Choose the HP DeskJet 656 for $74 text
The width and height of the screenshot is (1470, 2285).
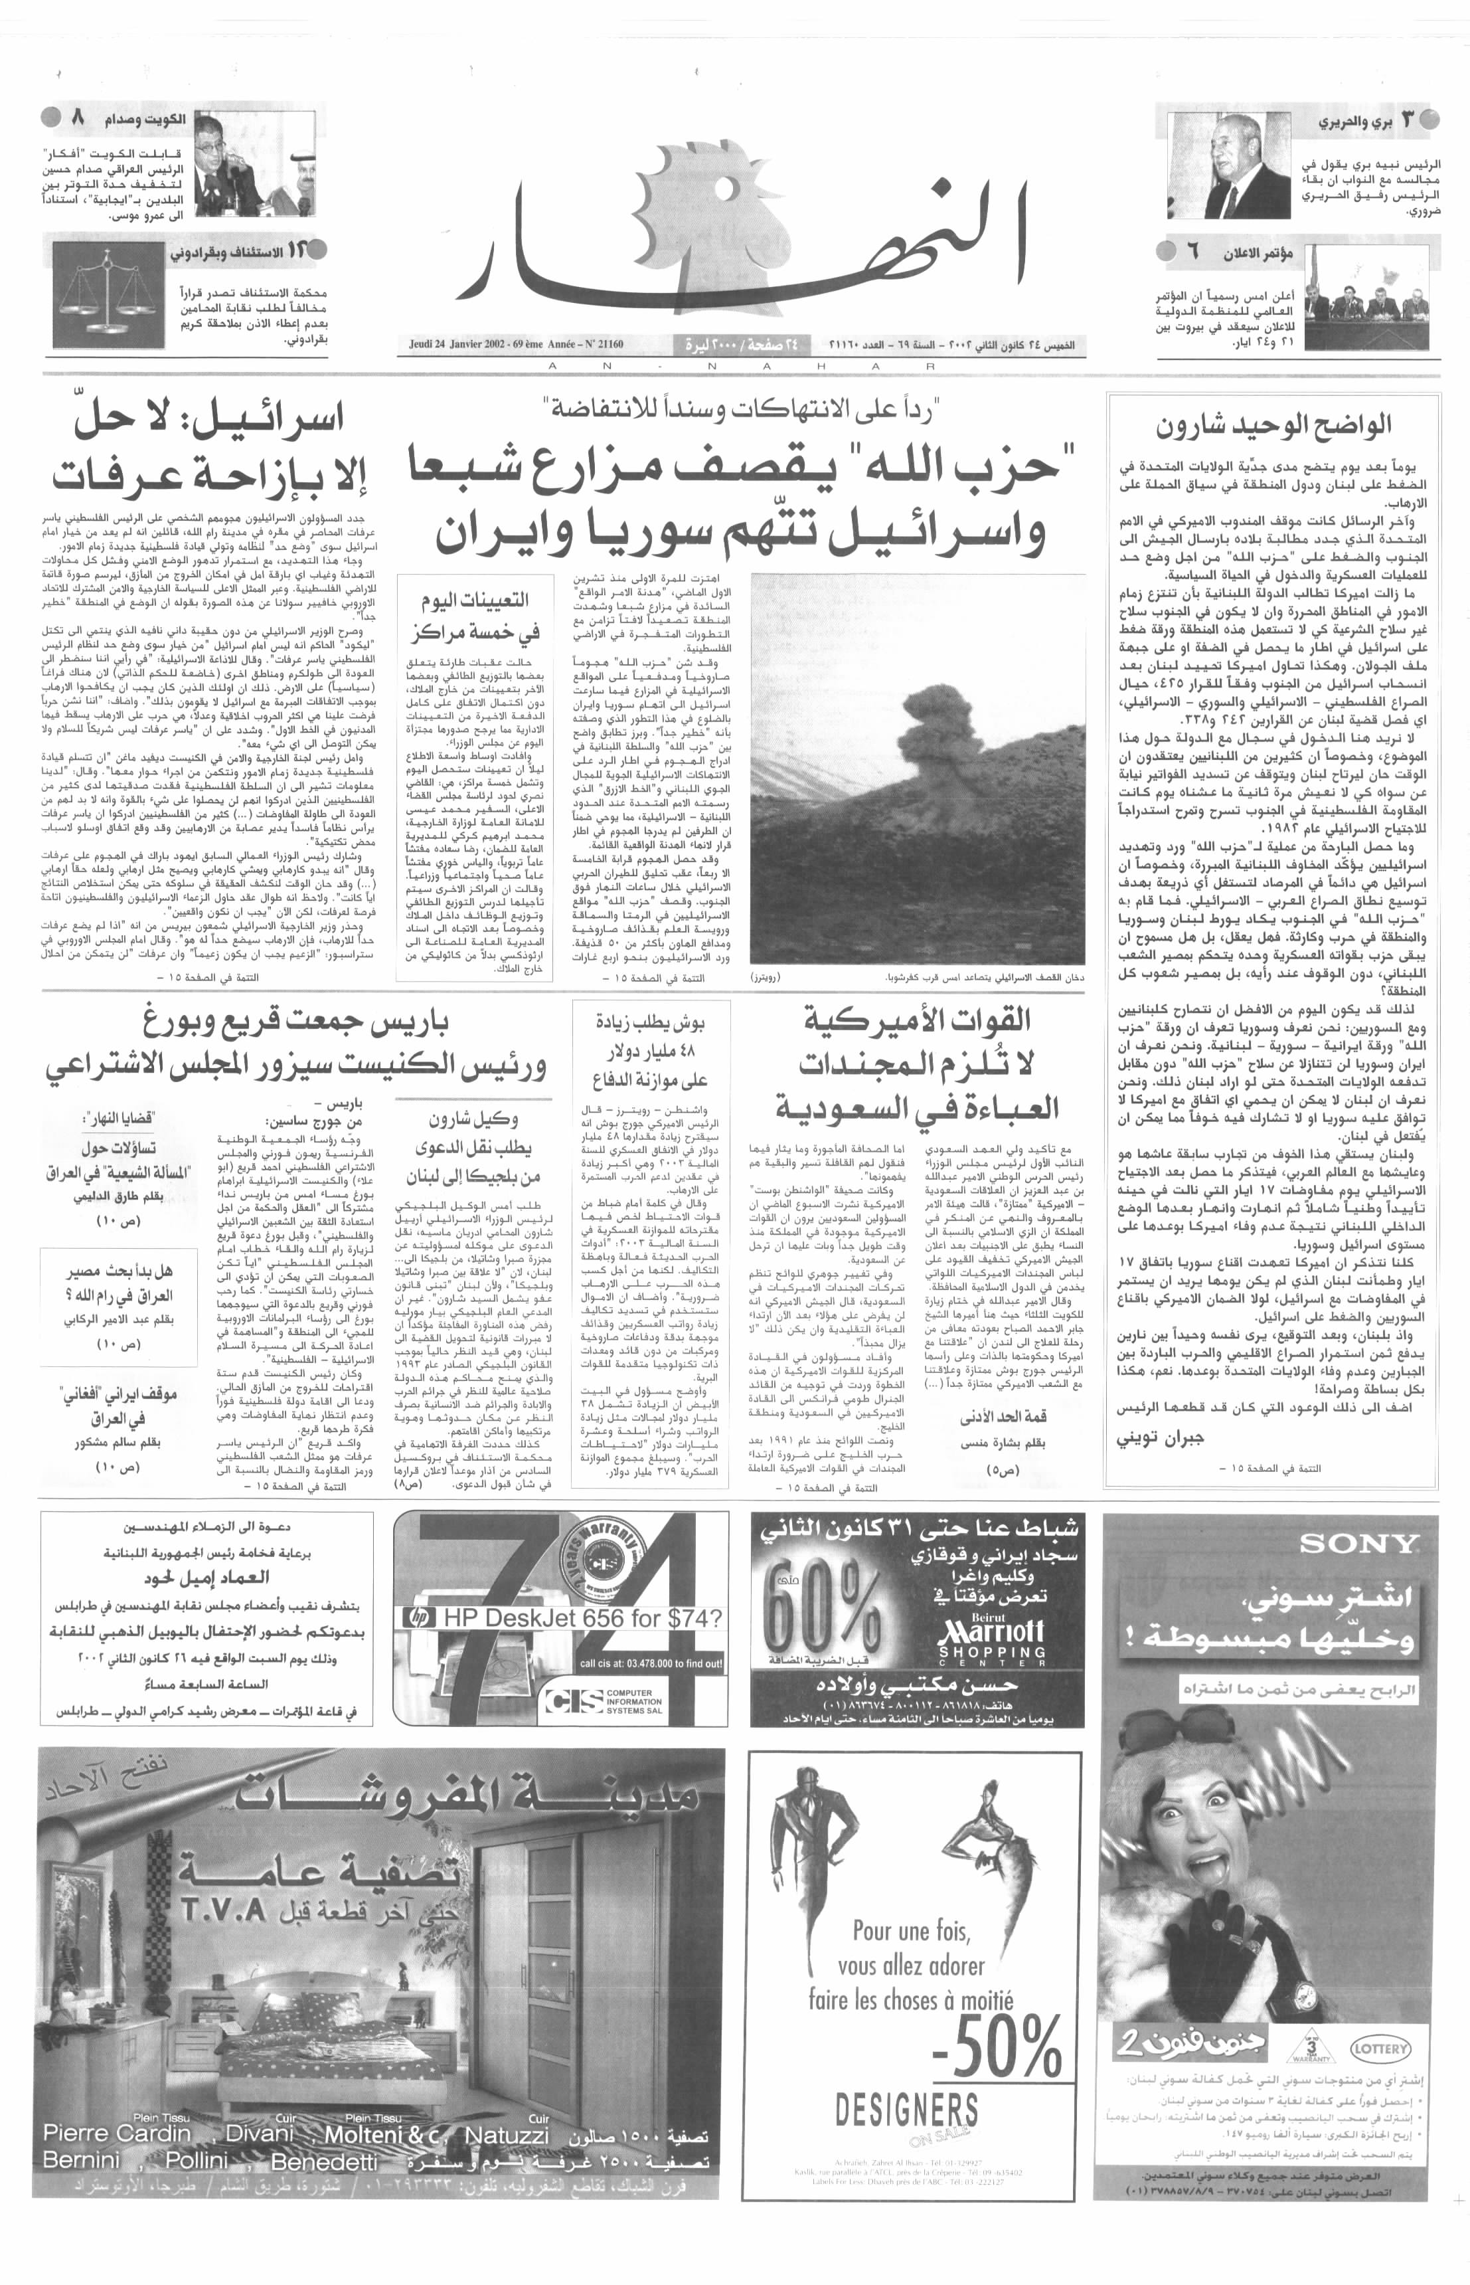tap(582, 1617)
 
